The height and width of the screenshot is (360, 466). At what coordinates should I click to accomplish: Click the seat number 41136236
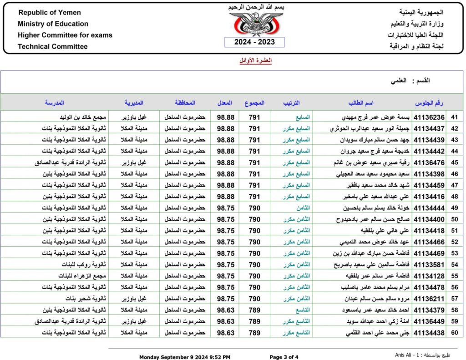(x=429, y=117)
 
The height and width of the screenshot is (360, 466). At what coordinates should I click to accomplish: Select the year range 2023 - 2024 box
(x=254, y=42)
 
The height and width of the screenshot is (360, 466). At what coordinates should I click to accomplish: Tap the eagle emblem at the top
(x=254, y=24)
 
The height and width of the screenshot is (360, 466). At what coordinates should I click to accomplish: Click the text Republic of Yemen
(x=50, y=13)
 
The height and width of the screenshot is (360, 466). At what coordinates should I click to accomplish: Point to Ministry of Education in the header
(x=53, y=24)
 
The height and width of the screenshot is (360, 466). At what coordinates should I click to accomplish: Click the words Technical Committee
(x=53, y=46)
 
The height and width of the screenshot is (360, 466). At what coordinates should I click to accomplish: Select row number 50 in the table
(x=454, y=219)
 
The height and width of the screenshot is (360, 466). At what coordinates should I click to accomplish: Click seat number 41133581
(x=429, y=264)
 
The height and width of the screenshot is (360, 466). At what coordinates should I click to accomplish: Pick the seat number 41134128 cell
(x=429, y=276)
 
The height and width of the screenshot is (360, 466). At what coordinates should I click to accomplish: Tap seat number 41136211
(x=429, y=299)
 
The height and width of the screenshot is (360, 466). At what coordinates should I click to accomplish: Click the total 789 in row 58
(x=255, y=310)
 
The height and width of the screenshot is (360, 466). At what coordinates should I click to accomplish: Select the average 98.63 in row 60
(x=226, y=333)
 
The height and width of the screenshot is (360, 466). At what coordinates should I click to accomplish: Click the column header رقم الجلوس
(x=430, y=103)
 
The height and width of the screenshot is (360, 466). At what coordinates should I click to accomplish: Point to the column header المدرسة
(x=54, y=103)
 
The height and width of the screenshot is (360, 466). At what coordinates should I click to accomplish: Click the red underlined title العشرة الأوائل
(x=255, y=61)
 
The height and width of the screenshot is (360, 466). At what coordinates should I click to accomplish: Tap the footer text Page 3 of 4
(x=284, y=357)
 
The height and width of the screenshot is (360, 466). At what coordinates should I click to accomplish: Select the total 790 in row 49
(x=255, y=208)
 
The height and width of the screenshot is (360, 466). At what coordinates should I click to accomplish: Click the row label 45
(x=454, y=162)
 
